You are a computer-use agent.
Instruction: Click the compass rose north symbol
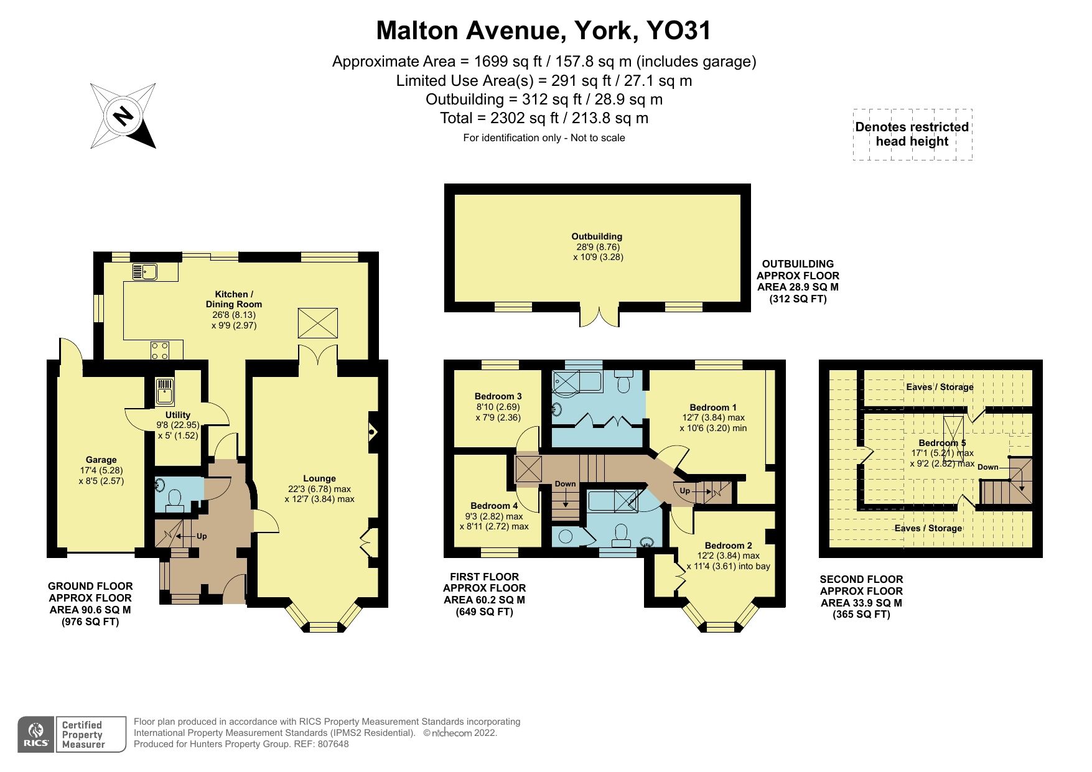(123, 116)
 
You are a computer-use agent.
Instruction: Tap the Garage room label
(101, 460)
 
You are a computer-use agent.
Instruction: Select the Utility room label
(178, 415)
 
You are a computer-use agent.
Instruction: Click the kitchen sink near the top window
(144, 272)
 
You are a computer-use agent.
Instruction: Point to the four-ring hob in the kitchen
(160, 350)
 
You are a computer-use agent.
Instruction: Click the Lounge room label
(319, 478)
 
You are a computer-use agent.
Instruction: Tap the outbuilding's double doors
(600, 316)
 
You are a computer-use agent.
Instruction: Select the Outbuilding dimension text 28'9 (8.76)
(597, 246)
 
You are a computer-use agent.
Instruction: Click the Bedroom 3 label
(498, 396)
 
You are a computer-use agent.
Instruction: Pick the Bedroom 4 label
(494, 506)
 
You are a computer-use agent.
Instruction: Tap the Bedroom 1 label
(713, 407)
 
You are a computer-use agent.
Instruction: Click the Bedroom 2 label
(729, 546)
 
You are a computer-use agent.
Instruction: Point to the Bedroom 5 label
(942, 443)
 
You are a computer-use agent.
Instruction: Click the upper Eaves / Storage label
(940, 387)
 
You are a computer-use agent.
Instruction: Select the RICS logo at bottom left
(36, 735)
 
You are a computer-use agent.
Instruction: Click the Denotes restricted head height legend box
(912, 134)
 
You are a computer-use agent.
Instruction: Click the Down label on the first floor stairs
(565, 484)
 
